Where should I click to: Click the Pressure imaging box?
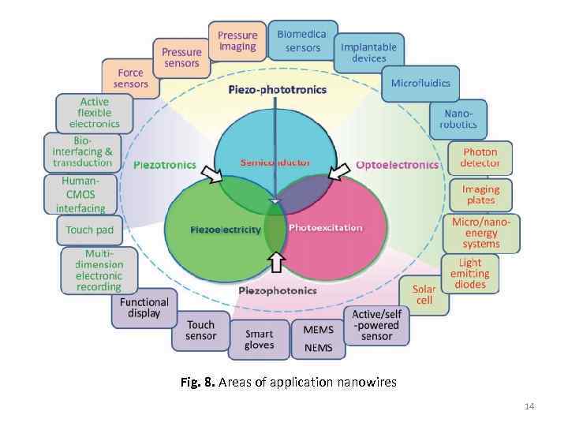[237, 41]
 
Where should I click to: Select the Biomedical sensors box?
[298, 41]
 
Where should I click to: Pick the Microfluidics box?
[420, 82]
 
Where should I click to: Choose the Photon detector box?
[480, 157]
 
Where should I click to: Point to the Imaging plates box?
[480, 195]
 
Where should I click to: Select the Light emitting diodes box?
[470, 273]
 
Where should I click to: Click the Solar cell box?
[424, 295]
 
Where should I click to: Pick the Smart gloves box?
[259, 339]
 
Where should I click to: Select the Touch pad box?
[89, 230]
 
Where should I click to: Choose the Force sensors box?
[130, 78]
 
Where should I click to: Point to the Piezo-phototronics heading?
[277, 90]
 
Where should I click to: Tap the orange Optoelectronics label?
[397, 165]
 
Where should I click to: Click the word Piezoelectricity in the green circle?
[226, 230]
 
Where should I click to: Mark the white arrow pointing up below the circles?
[275, 260]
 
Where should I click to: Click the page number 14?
[529, 406]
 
